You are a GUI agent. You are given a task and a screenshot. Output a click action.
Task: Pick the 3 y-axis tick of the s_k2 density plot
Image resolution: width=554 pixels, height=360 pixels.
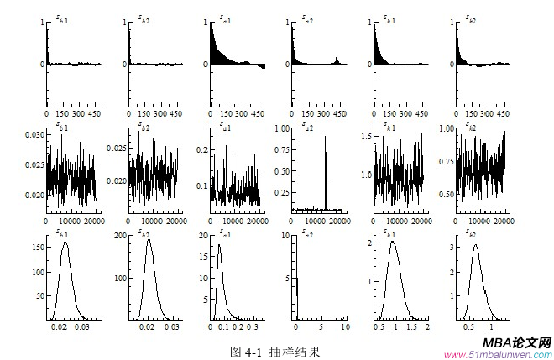451,248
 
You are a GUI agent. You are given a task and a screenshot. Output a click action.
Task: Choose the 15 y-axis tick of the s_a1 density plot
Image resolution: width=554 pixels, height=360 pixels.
203,257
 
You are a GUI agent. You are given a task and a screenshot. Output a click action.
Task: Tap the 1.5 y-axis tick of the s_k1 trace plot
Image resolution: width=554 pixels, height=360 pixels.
366,135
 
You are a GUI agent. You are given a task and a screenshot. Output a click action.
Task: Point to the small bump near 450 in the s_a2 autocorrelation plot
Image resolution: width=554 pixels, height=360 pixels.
337,60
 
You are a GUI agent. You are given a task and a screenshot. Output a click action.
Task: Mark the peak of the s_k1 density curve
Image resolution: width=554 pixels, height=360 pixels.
392,243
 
